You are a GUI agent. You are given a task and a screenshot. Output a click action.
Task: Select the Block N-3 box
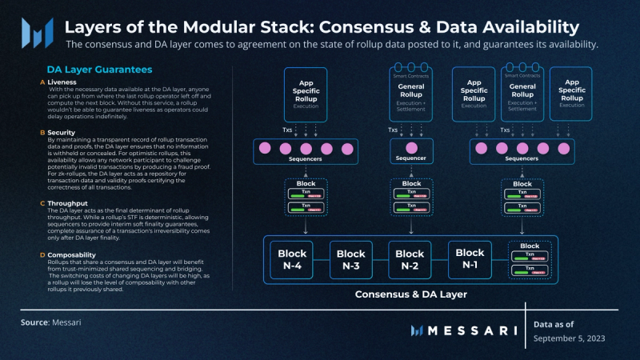(350, 258)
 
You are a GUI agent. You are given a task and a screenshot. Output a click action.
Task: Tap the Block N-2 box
(410, 258)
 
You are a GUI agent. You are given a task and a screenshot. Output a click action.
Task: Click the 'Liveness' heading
(62, 82)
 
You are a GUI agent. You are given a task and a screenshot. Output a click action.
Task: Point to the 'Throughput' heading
(67, 204)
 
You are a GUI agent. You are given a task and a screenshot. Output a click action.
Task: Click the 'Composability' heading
(73, 255)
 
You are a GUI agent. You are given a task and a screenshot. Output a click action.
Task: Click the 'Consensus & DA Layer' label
(410, 294)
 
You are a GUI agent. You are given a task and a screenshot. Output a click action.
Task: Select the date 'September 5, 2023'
(570, 338)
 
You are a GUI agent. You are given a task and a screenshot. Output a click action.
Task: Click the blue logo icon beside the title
(37, 31)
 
